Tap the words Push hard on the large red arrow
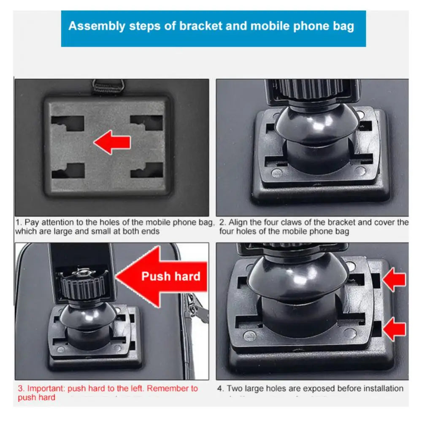[170, 276]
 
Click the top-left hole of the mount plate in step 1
[68, 122]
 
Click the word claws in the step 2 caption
[298, 222]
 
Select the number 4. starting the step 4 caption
[221, 388]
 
